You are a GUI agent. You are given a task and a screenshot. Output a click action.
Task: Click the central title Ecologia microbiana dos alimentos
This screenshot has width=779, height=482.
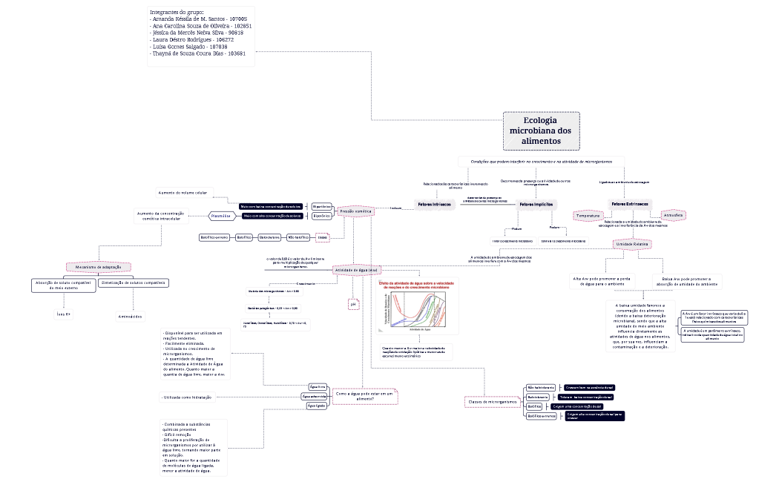(x=541, y=131)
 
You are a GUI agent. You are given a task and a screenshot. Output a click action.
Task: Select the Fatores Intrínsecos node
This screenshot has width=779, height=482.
(x=434, y=204)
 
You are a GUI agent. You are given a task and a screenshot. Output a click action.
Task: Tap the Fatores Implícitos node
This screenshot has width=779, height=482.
(x=536, y=204)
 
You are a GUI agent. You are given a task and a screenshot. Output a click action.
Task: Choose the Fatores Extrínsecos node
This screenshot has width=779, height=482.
(x=629, y=204)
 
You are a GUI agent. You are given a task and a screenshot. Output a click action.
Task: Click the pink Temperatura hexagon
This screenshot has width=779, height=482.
(x=598, y=216)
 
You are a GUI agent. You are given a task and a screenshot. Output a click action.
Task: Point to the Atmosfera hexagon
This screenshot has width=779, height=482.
(x=674, y=215)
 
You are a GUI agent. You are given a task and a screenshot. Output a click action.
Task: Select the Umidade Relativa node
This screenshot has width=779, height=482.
(x=632, y=243)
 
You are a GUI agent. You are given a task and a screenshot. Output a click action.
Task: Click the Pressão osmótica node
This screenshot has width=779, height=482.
(x=355, y=211)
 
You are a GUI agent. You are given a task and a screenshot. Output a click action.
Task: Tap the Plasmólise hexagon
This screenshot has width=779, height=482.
(x=222, y=216)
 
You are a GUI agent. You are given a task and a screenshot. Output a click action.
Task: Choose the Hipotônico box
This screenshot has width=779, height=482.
(x=321, y=216)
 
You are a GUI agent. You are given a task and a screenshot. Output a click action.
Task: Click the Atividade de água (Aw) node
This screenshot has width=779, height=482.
(x=357, y=270)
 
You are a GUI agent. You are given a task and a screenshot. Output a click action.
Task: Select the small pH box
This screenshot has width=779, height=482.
(x=353, y=304)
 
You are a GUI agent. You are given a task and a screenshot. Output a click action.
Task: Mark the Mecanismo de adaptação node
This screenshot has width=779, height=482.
(x=98, y=267)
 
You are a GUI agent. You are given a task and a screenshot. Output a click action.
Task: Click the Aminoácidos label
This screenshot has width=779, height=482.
(x=130, y=317)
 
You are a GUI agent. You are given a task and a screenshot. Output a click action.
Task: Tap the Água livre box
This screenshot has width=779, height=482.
(x=318, y=387)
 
